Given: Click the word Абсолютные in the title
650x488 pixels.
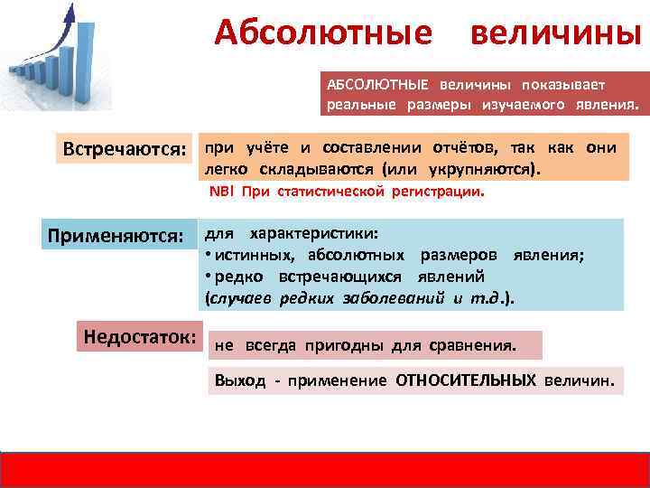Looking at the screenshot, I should [x=323, y=33].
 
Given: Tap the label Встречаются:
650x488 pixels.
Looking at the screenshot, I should [x=125, y=147].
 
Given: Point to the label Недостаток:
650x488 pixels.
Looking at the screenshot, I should [x=140, y=336].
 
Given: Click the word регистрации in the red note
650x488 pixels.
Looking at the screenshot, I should [x=443, y=192].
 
